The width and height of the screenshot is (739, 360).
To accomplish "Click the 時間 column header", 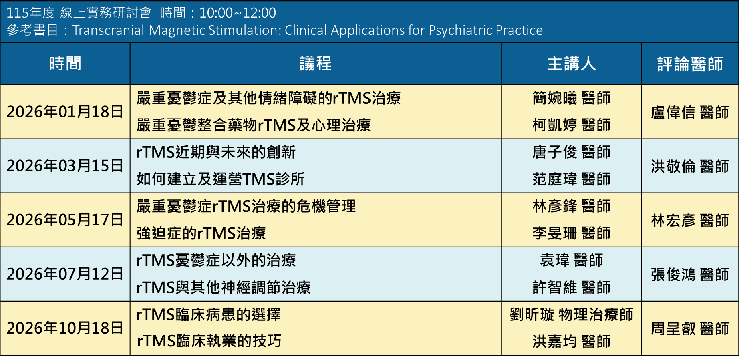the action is tap(65, 64).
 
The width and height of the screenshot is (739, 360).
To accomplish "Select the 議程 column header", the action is tap(316, 64).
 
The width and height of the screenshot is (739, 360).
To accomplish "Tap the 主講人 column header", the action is tap(572, 64).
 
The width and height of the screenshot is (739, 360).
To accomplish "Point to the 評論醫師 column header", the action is tap(690, 64).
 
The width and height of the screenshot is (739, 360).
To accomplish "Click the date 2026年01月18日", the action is tap(65, 112).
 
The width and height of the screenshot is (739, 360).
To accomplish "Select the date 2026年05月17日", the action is tap(65, 220).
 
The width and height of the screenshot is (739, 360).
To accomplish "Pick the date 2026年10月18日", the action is tap(65, 328).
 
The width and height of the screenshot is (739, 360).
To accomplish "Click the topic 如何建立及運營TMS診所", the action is tap(220, 179).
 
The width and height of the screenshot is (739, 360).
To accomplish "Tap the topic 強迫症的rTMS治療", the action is tap(201, 233).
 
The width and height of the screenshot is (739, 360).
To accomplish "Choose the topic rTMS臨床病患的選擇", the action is tap(208, 314).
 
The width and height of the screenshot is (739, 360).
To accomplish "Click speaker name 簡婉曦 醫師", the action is tap(572, 98).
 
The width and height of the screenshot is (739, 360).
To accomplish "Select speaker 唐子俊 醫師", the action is tap(572, 152).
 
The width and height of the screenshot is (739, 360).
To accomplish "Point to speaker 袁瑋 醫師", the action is tap(572, 260).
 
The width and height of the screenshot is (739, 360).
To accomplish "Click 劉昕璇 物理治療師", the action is tap(572, 314).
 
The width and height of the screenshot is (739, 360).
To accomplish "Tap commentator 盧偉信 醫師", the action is tap(690, 112).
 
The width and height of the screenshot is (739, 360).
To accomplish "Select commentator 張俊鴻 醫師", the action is tap(690, 274).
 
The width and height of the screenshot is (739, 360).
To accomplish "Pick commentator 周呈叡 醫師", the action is tap(690, 328).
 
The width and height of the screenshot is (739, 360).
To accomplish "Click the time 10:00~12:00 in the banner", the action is tap(238, 13).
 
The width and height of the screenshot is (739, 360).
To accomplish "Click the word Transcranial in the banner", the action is tap(108, 30).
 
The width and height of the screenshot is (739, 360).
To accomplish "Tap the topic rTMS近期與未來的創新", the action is tap(216, 152).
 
